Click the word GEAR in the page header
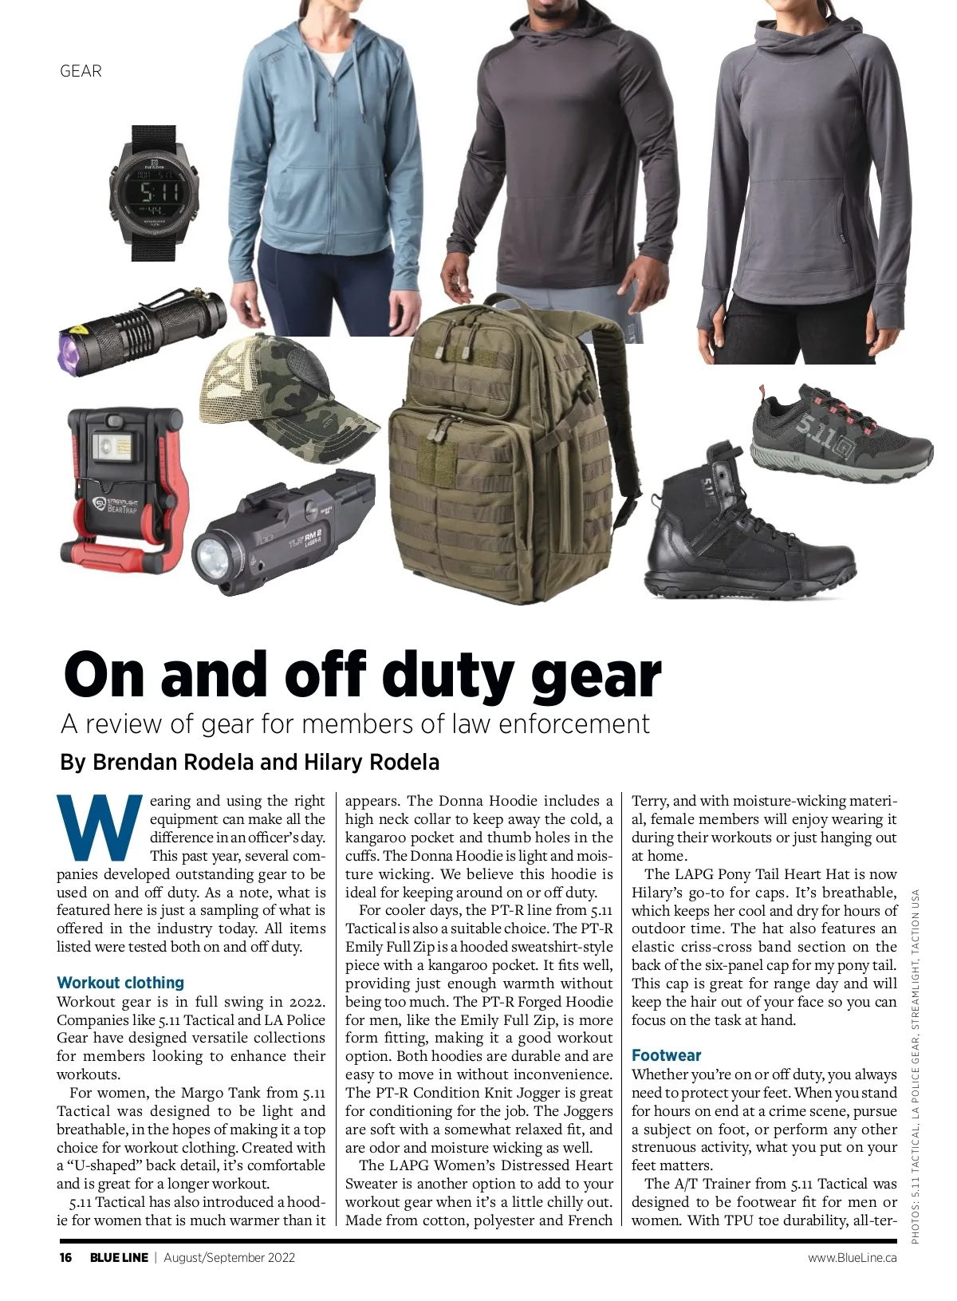81,71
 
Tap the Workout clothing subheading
120,983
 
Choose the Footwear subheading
666,1055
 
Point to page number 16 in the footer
65,1258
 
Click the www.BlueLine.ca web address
852,1258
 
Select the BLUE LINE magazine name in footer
119,1258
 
